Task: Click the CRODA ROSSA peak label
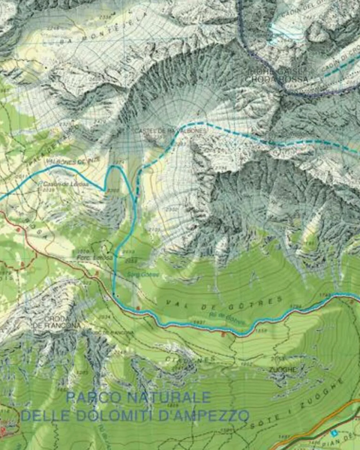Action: click(x=277, y=79)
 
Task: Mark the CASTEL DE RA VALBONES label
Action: click(x=169, y=131)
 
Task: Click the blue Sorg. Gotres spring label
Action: click(x=143, y=275)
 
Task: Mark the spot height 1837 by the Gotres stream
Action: click(x=199, y=321)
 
